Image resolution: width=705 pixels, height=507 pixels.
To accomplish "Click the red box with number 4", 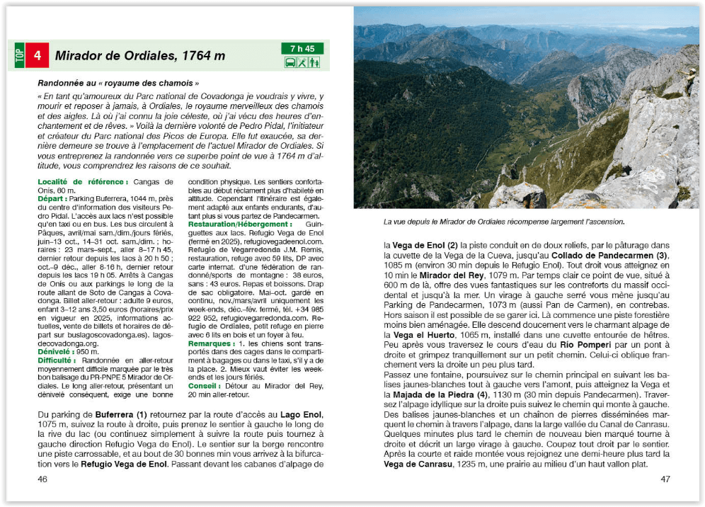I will click(38, 55).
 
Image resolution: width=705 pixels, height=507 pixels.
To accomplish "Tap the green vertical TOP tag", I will click(19, 55).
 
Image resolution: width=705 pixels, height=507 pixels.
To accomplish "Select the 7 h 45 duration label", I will click(302, 49).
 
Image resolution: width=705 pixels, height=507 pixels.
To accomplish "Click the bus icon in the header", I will click(290, 62).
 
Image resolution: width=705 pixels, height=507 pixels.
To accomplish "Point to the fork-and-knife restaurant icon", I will click(302, 62).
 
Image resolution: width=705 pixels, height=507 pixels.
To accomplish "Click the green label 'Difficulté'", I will click(59, 360).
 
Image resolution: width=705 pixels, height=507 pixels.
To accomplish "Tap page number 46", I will click(43, 479).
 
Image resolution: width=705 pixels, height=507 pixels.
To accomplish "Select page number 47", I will click(665, 479).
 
